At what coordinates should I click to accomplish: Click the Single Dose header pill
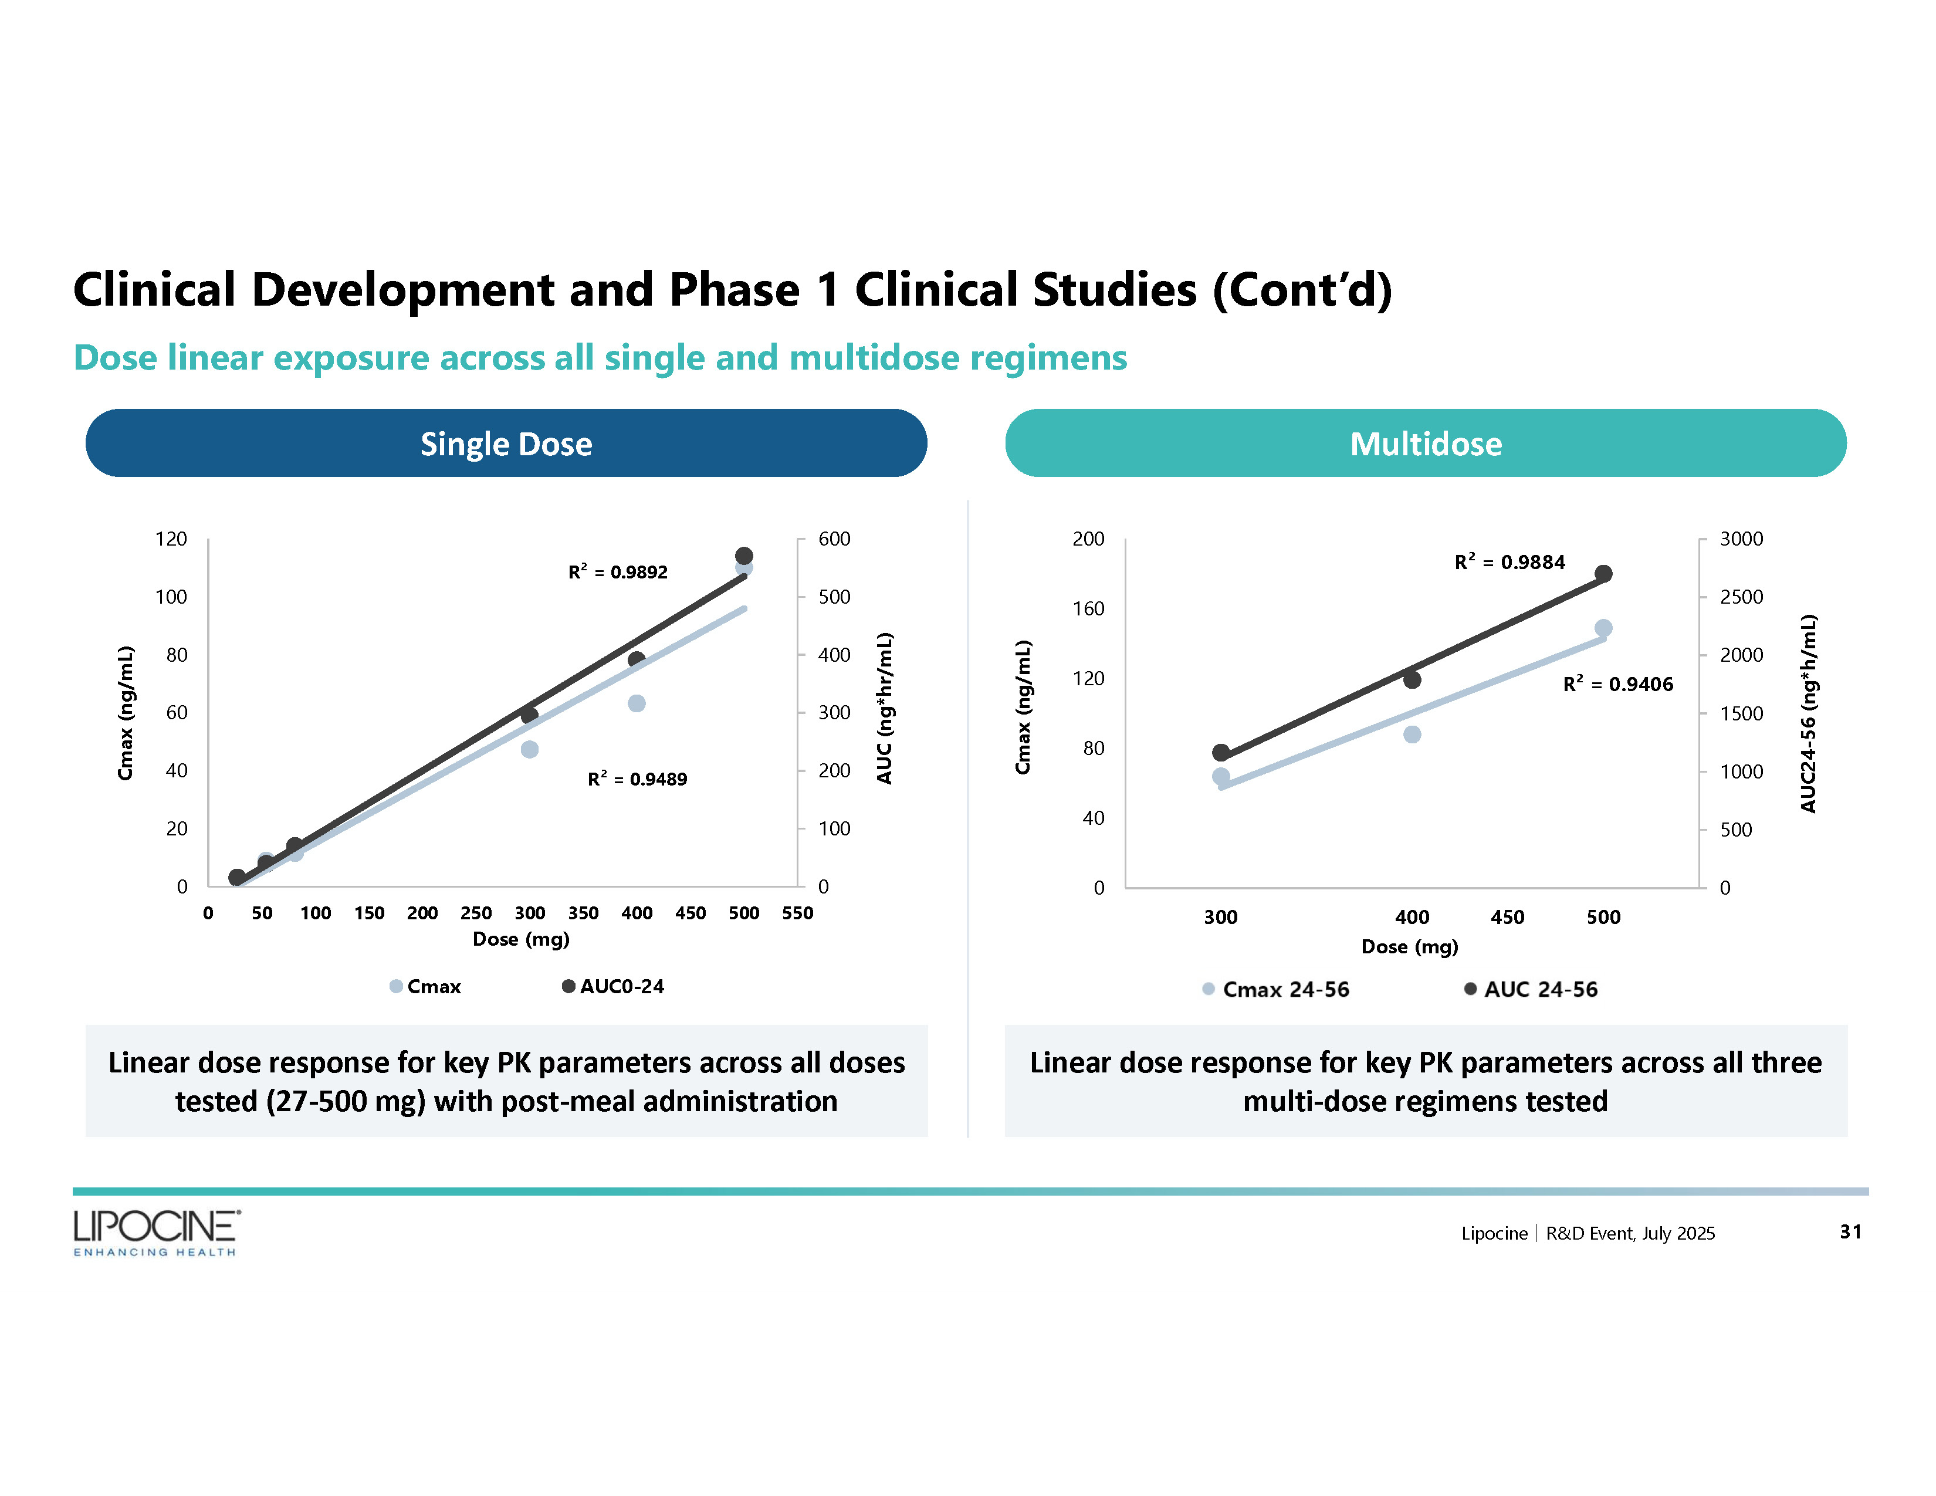[x=506, y=443]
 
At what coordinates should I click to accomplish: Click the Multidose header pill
[x=1426, y=443]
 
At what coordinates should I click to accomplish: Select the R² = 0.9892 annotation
[x=618, y=571]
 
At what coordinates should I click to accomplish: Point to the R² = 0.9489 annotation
[x=637, y=779]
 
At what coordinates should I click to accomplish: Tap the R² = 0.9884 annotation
[x=1509, y=562]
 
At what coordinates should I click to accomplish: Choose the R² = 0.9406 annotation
[x=1618, y=684]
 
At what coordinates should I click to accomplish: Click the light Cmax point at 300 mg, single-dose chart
[x=529, y=750]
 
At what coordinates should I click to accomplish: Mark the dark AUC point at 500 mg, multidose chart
[x=1603, y=573]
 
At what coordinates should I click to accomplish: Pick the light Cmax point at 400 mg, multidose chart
[x=1412, y=735]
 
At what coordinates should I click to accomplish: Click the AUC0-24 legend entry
[x=614, y=986]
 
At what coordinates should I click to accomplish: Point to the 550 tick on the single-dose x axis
[x=797, y=913]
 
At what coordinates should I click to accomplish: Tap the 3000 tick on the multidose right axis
[x=1741, y=539]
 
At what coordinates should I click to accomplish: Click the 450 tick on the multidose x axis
[x=1507, y=918]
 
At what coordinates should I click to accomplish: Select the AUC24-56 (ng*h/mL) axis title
[x=1808, y=713]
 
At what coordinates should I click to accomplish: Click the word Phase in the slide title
[x=734, y=290]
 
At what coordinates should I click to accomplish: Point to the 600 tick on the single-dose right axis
[x=834, y=539]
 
